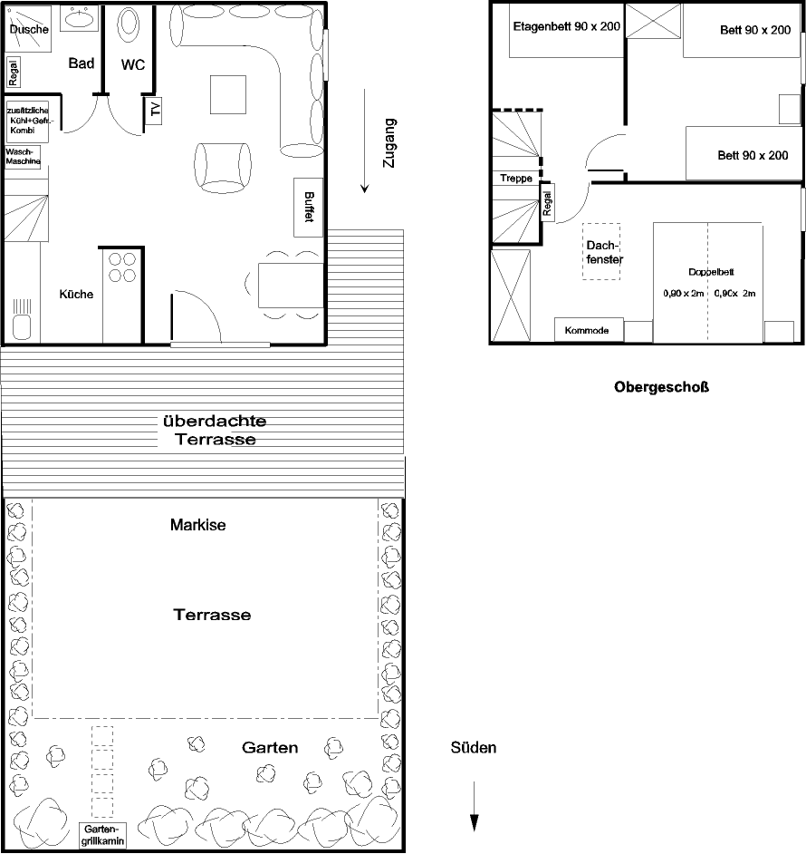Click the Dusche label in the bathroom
[x=28, y=30]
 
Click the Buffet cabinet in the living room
[x=310, y=207]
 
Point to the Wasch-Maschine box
[x=23, y=157]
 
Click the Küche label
[x=76, y=295]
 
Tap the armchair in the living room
[x=223, y=168]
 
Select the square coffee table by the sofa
[x=228, y=94]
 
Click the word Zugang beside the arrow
[x=389, y=144]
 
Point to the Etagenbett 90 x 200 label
[x=566, y=27]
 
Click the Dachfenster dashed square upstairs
[x=601, y=251]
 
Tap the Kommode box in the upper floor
[x=590, y=330]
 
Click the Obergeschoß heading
[x=660, y=389]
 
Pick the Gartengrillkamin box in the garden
[x=102, y=835]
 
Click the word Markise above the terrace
[x=197, y=525]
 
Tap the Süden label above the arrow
[x=474, y=749]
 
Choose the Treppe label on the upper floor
[x=516, y=179]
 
